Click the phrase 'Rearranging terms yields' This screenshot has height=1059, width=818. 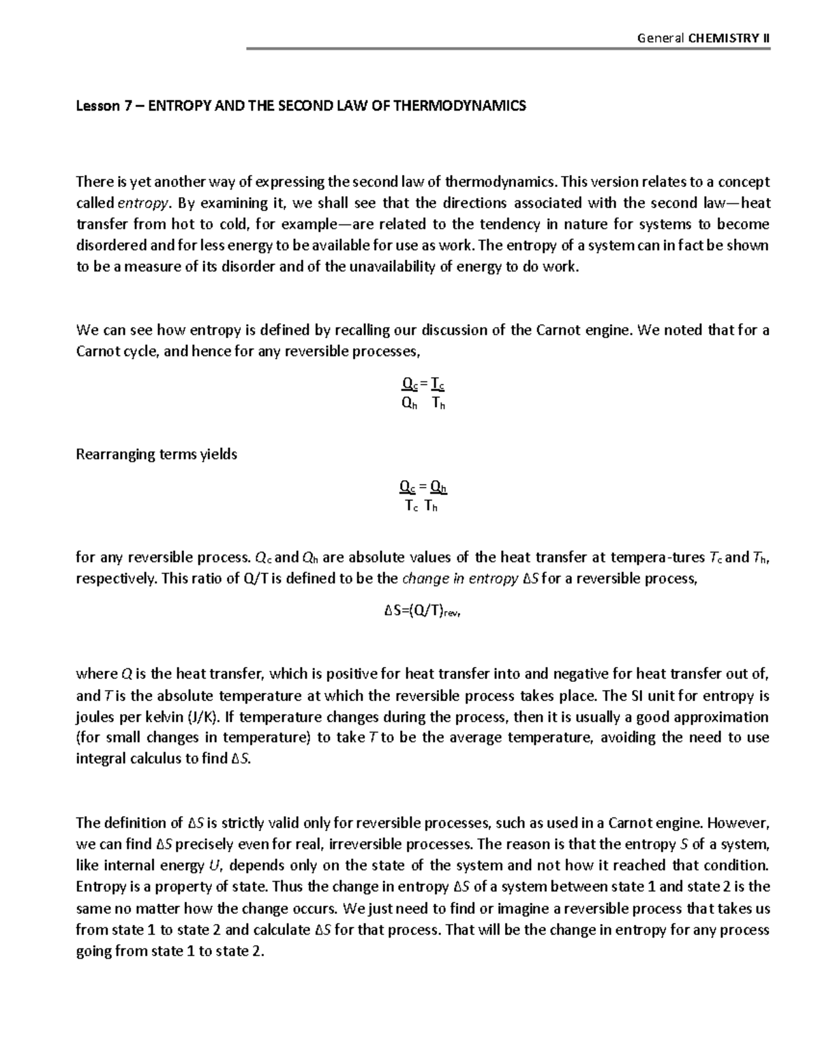click(156, 454)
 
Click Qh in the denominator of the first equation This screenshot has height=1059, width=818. click(409, 404)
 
